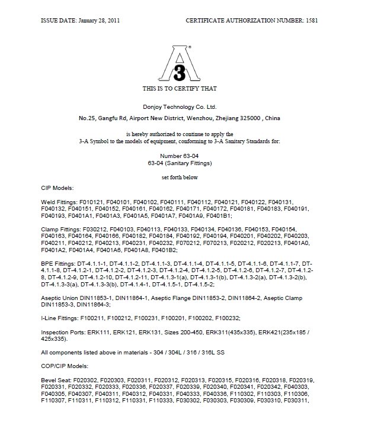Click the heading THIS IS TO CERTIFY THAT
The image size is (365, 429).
click(x=180, y=88)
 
